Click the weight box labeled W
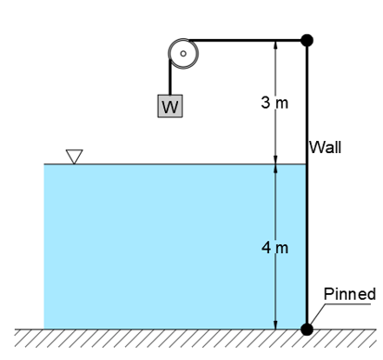coord(170,107)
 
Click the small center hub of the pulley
coord(183,54)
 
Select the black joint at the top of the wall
coord(307,40)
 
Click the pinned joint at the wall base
coord(307,328)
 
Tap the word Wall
coord(326,147)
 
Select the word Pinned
coord(350,294)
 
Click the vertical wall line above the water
coord(307,102)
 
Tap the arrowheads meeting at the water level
coord(275,164)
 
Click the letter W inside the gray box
coord(170,108)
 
